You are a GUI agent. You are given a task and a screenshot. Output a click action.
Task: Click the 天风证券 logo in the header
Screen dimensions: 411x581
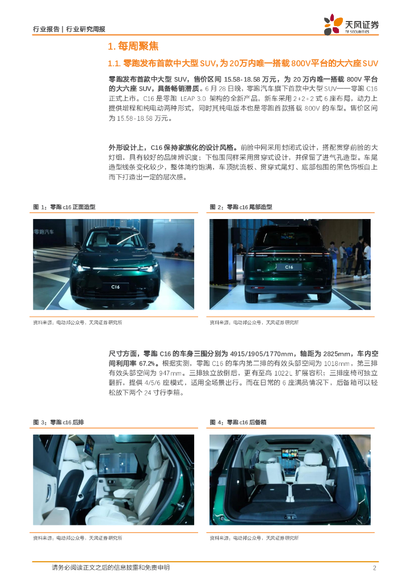coord(351,24)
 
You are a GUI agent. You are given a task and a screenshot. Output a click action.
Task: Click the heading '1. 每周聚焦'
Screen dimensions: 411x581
coord(133,47)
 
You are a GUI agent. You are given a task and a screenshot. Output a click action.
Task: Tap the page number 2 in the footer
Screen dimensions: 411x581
coord(374,567)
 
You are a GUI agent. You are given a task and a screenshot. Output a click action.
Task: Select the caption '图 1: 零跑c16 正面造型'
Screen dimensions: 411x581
coord(64,207)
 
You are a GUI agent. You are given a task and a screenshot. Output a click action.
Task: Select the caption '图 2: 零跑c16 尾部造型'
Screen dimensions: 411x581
coord(241,207)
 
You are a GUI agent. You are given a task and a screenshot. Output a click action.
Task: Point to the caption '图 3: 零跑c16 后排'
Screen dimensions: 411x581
coord(58,422)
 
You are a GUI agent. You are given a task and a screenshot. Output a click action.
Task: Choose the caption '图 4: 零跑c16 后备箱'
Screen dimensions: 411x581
coord(238,422)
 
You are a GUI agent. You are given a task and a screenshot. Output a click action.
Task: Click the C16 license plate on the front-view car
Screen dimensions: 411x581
coord(115,287)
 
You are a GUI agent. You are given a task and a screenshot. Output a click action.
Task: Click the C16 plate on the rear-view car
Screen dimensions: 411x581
coord(289,267)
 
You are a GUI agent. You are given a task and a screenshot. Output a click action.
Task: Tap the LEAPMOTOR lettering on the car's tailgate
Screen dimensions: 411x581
coord(289,259)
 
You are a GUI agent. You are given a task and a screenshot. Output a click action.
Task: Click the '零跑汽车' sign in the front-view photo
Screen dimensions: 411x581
coord(44,232)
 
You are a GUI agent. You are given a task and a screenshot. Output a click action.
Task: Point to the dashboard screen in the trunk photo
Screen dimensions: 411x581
coord(290,453)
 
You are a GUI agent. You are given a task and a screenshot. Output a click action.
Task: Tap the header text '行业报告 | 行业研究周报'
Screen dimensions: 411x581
coord(69,29)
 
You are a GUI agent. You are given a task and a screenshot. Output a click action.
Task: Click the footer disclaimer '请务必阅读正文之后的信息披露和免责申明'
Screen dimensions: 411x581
coord(111,567)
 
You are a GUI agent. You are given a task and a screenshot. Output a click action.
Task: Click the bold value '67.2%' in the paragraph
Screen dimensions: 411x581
coord(147,364)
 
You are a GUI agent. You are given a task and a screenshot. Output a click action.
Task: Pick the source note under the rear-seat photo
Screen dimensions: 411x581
coord(77,538)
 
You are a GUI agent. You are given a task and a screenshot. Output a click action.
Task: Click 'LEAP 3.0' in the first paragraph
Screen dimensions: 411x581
coord(193,99)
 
